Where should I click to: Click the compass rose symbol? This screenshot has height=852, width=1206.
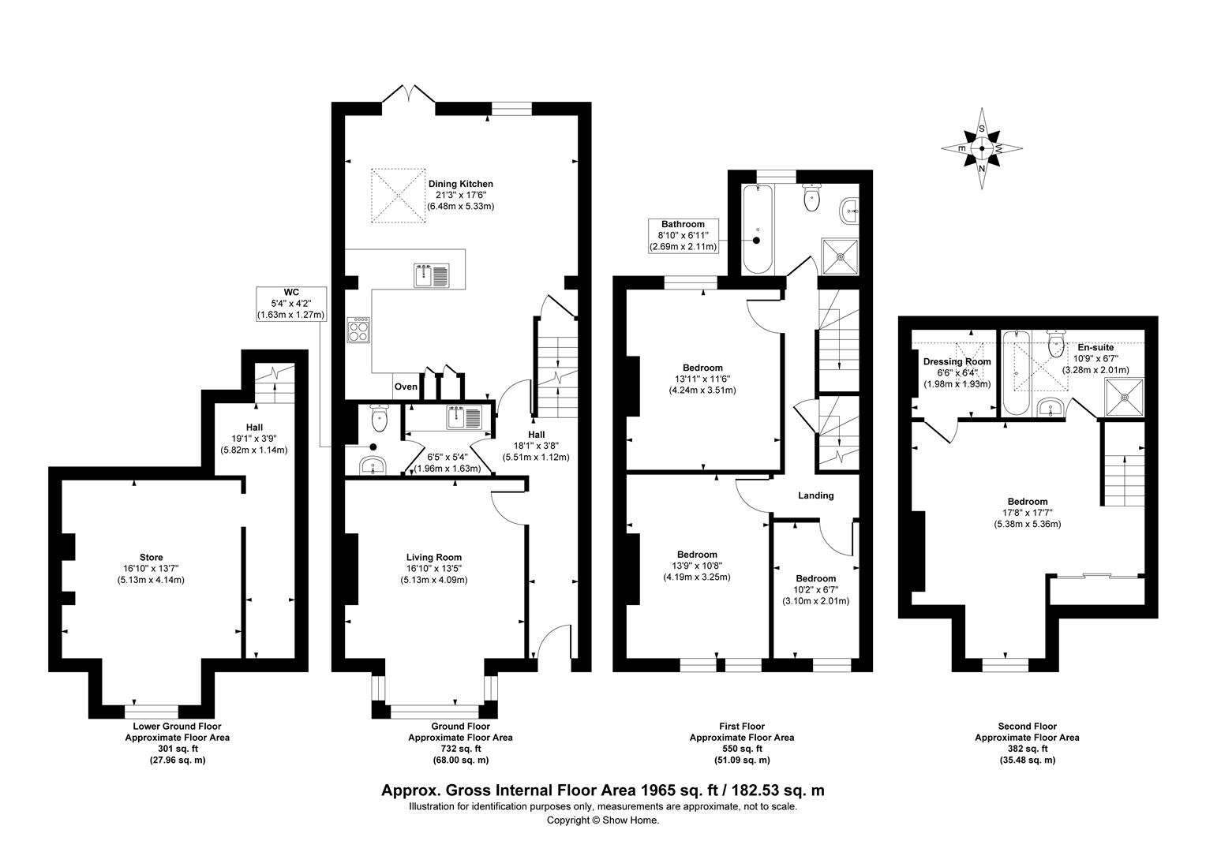pos(983,148)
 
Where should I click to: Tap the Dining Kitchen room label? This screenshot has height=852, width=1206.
pos(460,184)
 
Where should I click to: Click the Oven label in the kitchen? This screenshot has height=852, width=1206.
pos(406,387)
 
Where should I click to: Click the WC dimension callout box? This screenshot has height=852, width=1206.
pos(290,303)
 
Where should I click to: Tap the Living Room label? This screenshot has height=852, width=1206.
pos(434,557)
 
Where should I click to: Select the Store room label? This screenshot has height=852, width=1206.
pos(150,557)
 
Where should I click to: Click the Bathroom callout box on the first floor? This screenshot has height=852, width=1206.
pos(684,235)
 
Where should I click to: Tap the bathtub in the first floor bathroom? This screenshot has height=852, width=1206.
pos(758,229)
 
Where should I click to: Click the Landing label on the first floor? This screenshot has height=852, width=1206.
pos(815,495)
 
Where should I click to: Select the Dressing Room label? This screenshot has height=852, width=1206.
pos(957,361)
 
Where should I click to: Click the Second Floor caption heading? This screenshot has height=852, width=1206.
pos(1027,727)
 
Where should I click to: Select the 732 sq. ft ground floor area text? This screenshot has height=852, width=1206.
pos(459,749)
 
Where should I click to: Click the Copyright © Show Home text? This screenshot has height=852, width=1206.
pos(603,820)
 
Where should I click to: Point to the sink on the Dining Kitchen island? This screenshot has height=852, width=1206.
pos(431,276)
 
